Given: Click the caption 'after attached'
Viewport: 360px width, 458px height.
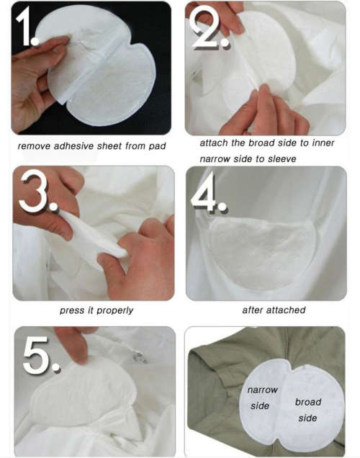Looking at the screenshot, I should click(x=274, y=310).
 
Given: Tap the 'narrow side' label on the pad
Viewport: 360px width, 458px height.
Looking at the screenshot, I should click(x=261, y=398).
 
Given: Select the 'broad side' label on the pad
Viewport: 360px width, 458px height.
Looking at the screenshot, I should click(x=308, y=409).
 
